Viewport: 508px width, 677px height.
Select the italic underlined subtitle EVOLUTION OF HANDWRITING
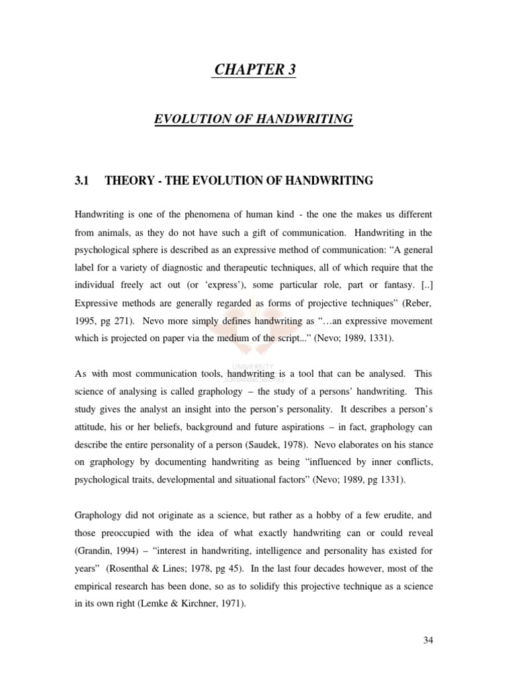253,119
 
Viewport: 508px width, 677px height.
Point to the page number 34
427,639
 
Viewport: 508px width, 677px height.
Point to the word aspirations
314,427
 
